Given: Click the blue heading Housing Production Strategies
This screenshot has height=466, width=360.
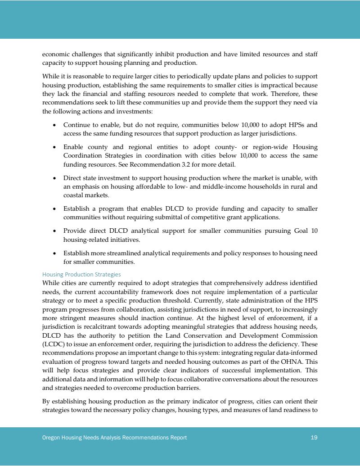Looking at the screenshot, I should tap(81, 274).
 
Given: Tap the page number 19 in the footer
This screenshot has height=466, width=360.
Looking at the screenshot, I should tap(314, 438).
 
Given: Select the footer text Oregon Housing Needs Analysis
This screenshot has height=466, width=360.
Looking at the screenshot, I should tap(80, 438).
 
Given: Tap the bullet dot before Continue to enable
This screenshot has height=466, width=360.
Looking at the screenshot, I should tap(54, 125).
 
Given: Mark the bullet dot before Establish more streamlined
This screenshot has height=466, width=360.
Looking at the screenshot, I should tap(54, 253).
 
